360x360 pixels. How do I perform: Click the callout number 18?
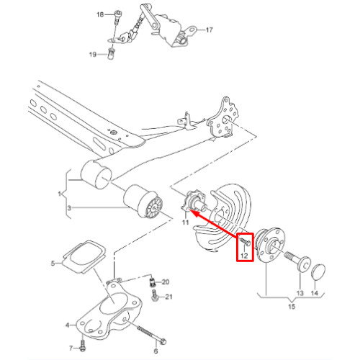tap(100, 14)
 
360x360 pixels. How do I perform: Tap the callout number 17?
tap(210, 30)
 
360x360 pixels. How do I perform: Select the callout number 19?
tap(93, 55)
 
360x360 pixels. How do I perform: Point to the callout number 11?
tap(185, 222)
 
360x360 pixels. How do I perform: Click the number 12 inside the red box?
tap(244, 256)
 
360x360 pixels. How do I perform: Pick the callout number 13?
tap(300, 293)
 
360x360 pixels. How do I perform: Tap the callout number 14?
tap(315, 293)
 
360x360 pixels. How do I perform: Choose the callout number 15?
tap(292, 307)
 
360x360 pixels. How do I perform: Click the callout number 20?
tap(166, 282)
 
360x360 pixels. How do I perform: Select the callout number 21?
tap(169, 297)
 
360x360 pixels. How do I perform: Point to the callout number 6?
tap(156, 351)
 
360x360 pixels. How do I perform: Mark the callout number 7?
tap(71, 348)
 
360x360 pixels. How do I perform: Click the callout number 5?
tap(53, 264)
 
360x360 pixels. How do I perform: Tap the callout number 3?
tap(69, 208)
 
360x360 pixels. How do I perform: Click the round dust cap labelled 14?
tap(318, 272)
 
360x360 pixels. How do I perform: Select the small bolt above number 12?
tap(245, 241)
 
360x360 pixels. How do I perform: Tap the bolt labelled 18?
tap(117, 17)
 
